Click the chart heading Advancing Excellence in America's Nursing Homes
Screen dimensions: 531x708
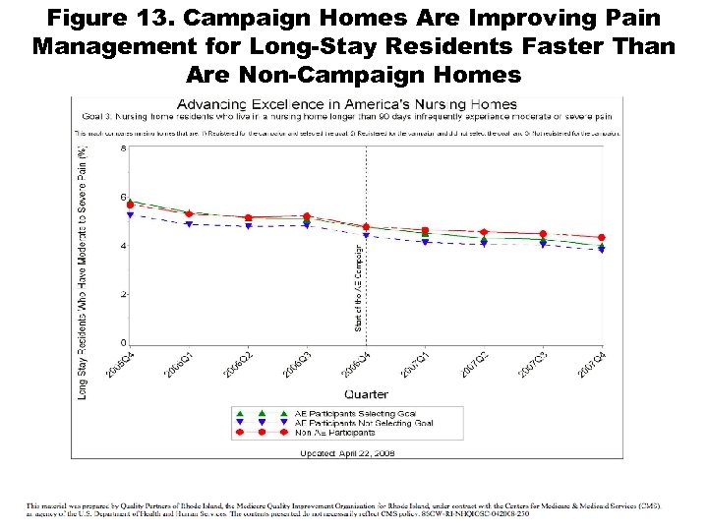pyautogui.click(x=347, y=104)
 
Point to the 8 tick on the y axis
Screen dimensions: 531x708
pyautogui.click(x=123, y=148)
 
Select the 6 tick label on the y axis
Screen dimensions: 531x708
pyautogui.click(x=123, y=198)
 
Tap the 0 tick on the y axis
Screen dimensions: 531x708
pyautogui.click(x=123, y=343)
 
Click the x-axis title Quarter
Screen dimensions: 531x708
pyautogui.click(x=366, y=394)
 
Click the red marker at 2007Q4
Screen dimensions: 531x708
pyautogui.click(x=602, y=237)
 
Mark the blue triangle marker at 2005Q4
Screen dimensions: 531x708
pyautogui.click(x=130, y=214)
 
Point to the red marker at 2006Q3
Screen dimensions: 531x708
pyautogui.click(x=307, y=215)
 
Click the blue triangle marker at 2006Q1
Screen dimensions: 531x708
pyautogui.click(x=189, y=224)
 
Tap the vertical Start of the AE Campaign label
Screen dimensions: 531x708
pyautogui.click(x=359, y=285)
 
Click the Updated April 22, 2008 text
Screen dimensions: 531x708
pyautogui.click(x=347, y=453)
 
